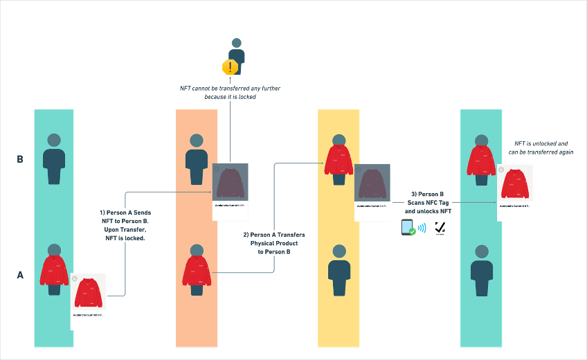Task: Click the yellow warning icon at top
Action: tap(230, 67)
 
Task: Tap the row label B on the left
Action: tap(20, 159)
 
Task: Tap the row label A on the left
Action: tap(20, 276)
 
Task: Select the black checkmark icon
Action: tap(440, 228)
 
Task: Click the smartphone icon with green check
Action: tap(408, 228)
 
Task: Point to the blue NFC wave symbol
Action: tap(422, 228)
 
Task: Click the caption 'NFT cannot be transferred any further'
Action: tap(228, 93)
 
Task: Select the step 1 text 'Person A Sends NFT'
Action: tap(125, 225)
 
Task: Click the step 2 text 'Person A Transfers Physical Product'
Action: tap(275, 244)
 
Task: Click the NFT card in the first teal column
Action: tap(89, 301)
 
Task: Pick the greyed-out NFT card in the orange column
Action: tap(231, 190)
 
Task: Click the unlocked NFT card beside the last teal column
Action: tap(515, 192)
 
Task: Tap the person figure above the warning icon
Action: tap(237, 51)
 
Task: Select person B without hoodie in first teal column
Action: tap(54, 157)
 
